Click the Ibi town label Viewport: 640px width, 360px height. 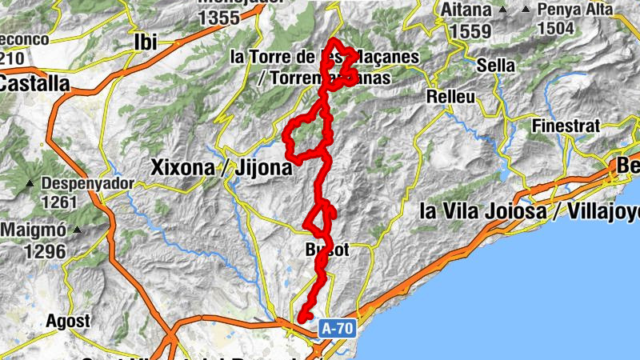(146, 42)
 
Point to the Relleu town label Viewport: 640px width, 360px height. (451, 97)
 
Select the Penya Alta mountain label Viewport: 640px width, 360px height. (575, 10)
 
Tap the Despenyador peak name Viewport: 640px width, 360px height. (86, 182)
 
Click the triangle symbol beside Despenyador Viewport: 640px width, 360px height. (30, 183)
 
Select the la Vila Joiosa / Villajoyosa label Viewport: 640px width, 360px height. (529, 212)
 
